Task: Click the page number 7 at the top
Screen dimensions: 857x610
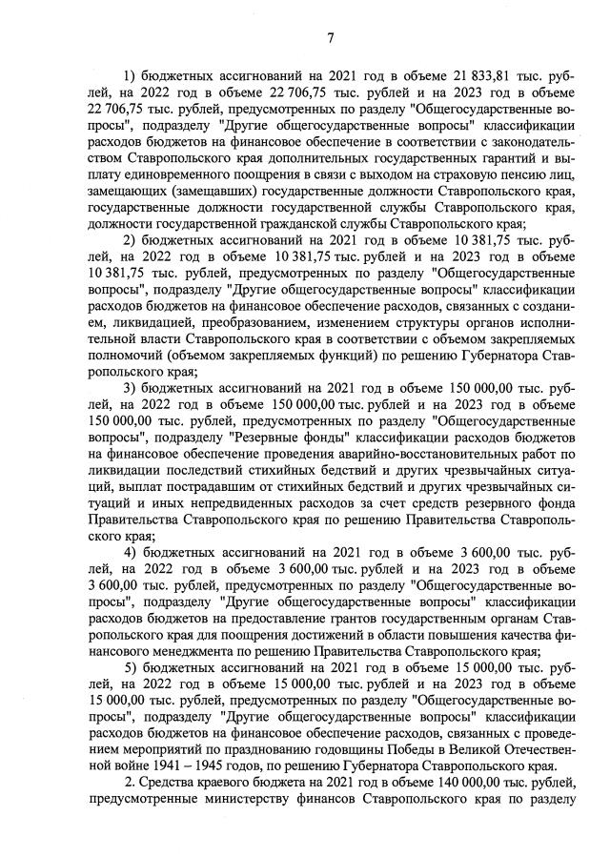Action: click(x=330, y=38)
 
